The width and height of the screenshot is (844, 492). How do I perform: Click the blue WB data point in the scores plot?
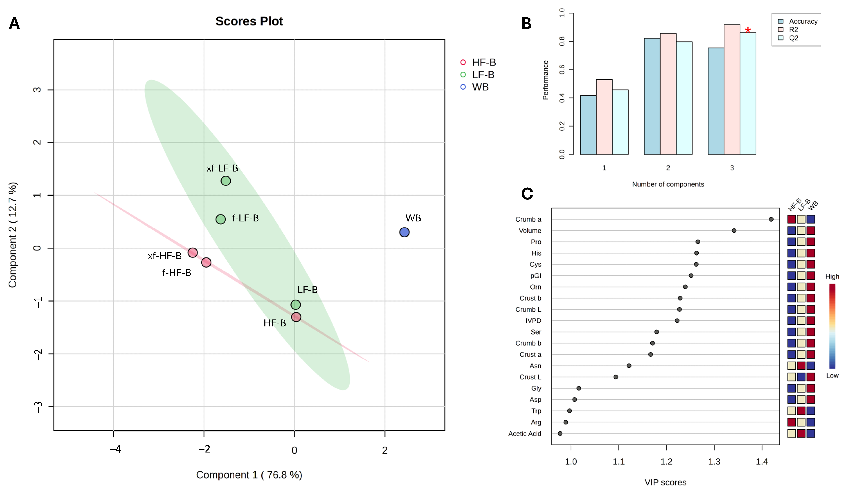404,232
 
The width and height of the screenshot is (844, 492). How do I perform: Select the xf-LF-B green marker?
226,181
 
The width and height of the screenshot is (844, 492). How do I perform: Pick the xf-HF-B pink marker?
193,253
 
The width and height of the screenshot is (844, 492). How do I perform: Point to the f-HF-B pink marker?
206,262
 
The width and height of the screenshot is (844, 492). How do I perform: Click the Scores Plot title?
249,21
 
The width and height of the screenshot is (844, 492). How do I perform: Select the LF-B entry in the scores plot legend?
478,75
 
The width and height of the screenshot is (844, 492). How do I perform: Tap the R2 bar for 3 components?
732,89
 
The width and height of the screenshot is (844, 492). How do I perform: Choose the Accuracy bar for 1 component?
588,125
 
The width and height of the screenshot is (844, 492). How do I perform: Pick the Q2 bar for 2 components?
684,98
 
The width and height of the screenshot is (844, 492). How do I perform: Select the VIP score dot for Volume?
734,230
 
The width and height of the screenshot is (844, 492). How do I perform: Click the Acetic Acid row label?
525,433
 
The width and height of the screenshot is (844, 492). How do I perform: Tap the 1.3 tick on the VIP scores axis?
714,462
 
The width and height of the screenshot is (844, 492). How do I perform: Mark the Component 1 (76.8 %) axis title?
249,475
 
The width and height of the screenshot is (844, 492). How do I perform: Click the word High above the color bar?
832,276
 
